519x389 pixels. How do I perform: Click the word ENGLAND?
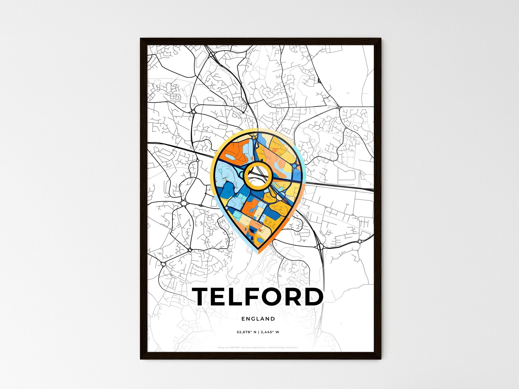point(258,319)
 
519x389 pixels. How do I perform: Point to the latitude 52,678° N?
point(246,332)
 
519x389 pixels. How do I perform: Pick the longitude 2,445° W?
point(270,332)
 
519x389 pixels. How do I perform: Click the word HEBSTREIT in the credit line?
point(235,348)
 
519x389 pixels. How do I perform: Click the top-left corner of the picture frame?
point(141,39)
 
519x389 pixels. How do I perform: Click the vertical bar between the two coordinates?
point(258,332)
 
